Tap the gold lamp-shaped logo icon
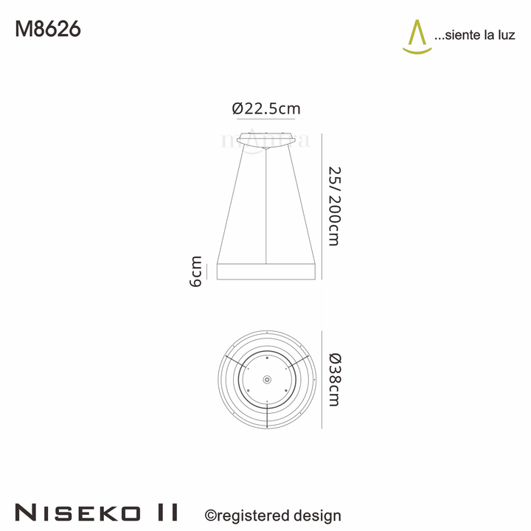pos(417,36)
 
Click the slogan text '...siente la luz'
pos(476,35)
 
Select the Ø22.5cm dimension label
pos(266,108)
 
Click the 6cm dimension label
pos(196,271)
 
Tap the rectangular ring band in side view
pos(266,270)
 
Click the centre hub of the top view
pos(266,378)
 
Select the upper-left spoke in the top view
pos(237,361)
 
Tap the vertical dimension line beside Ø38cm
pos(322,378)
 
